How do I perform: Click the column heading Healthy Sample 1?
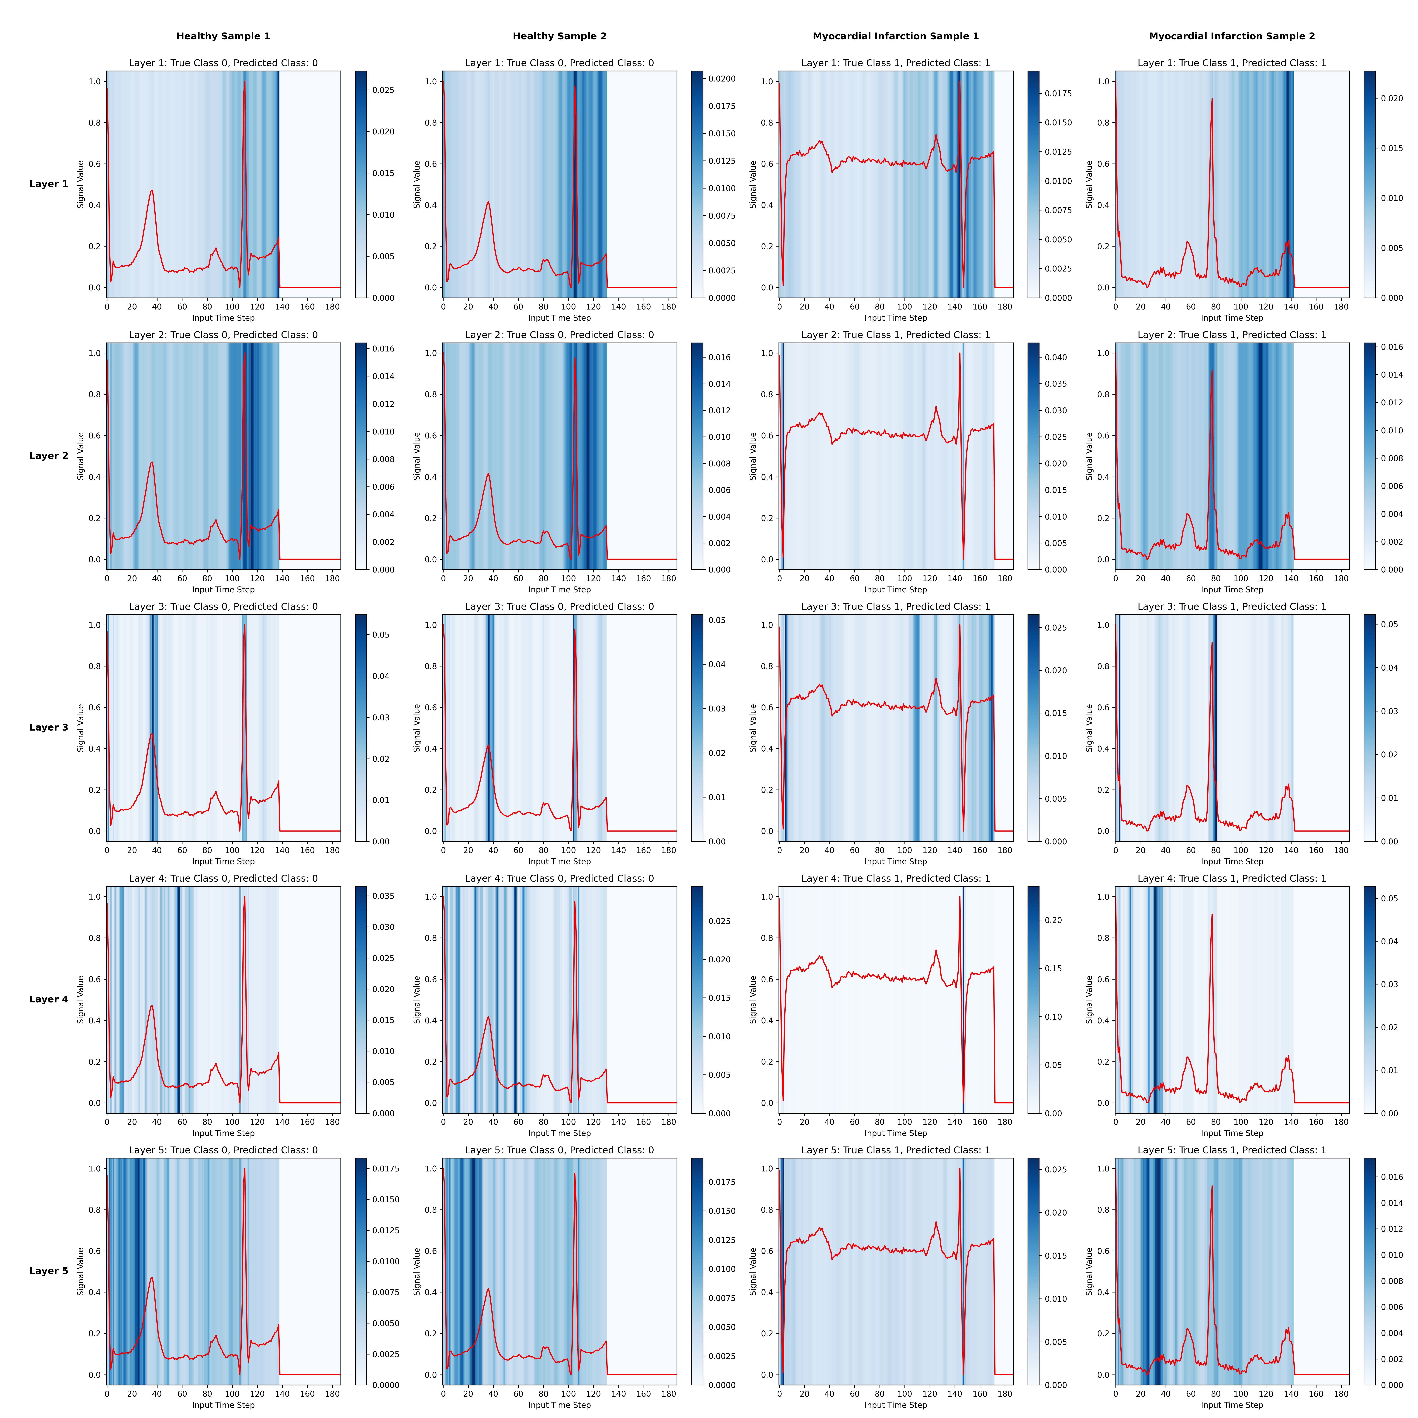pos(223,36)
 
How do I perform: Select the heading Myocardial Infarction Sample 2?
pos(1232,36)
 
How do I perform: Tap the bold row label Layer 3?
pos(48,727)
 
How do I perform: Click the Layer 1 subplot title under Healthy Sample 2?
pos(559,63)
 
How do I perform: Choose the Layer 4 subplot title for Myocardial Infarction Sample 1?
pos(895,879)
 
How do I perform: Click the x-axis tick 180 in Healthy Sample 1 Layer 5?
pos(333,1394)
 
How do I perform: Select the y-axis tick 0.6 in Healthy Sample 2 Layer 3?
pos(431,707)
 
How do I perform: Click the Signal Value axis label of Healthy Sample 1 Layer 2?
pos(81,456)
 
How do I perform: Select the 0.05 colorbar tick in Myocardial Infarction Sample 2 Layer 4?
pos(1389,898)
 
